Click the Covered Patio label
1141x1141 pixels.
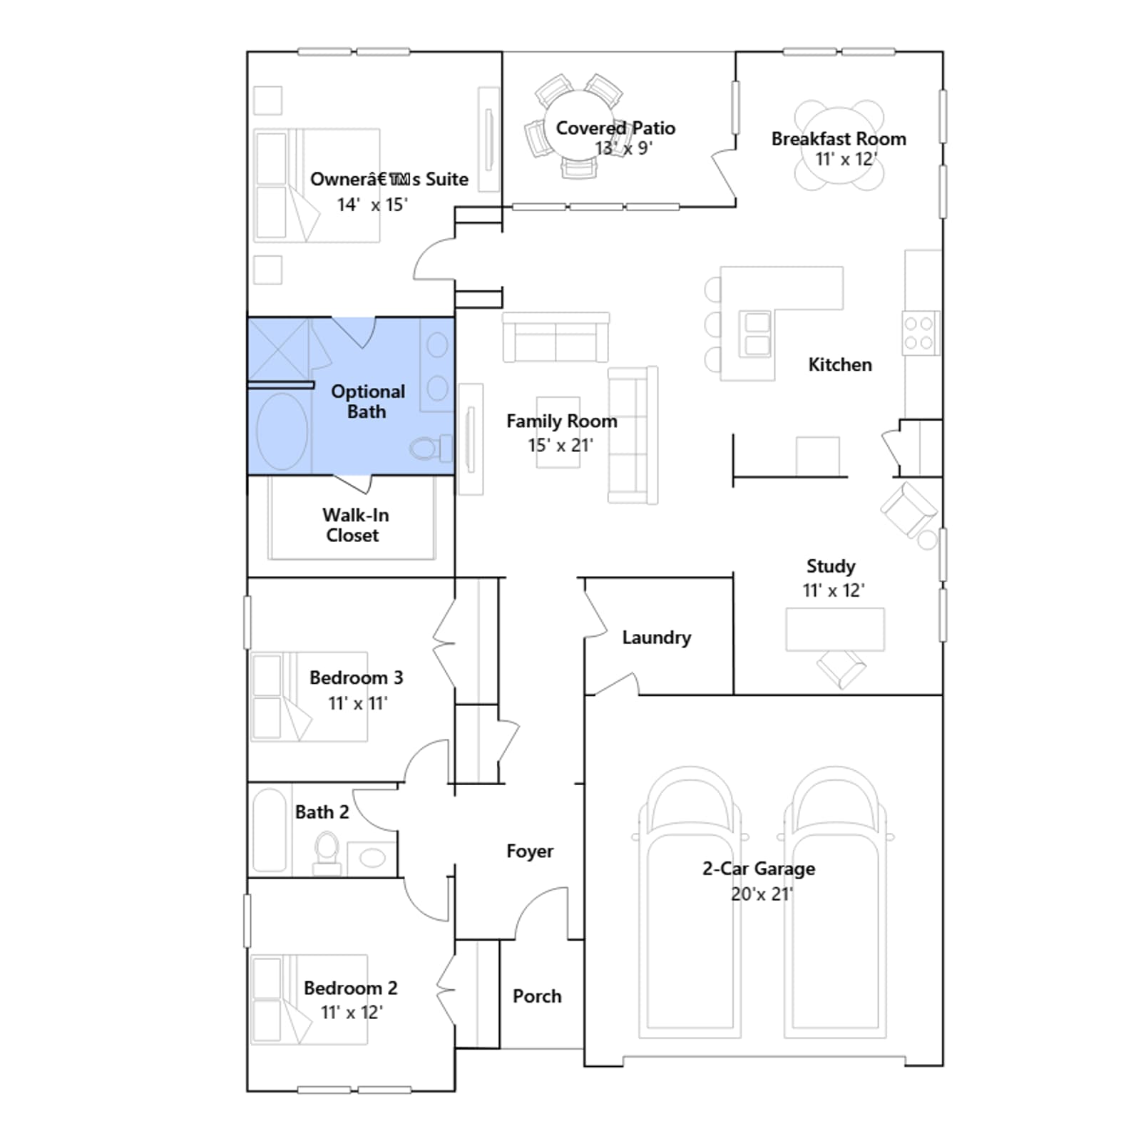[x=615, y=128]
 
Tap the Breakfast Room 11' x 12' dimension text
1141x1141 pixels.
[x=846, y=159]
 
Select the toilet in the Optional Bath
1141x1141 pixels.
[x=431, y=448]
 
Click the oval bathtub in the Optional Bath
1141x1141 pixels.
[x=282, y=431]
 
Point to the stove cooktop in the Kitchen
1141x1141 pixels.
[x=920, y=333]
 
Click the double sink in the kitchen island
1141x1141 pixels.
[x=756, y=333]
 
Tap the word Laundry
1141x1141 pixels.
[x=656, y=638]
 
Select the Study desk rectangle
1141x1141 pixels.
[x=835, y=629]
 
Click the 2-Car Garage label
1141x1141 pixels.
[x=759, y=869]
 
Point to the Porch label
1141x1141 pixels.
[x=537, y=996]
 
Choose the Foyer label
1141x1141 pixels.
[x=530, y=851]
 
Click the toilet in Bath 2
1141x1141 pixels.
[x=327, y=853]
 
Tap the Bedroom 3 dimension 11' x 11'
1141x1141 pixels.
[x=358, y=704]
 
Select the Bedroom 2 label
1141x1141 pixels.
[x=350, y=988]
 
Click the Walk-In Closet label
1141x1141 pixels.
[x=355, y=525]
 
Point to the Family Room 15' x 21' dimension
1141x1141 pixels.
[x=561, y=446]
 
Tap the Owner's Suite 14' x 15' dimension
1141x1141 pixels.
[x=372, y=205]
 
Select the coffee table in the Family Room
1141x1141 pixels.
[x=558, y=432]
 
